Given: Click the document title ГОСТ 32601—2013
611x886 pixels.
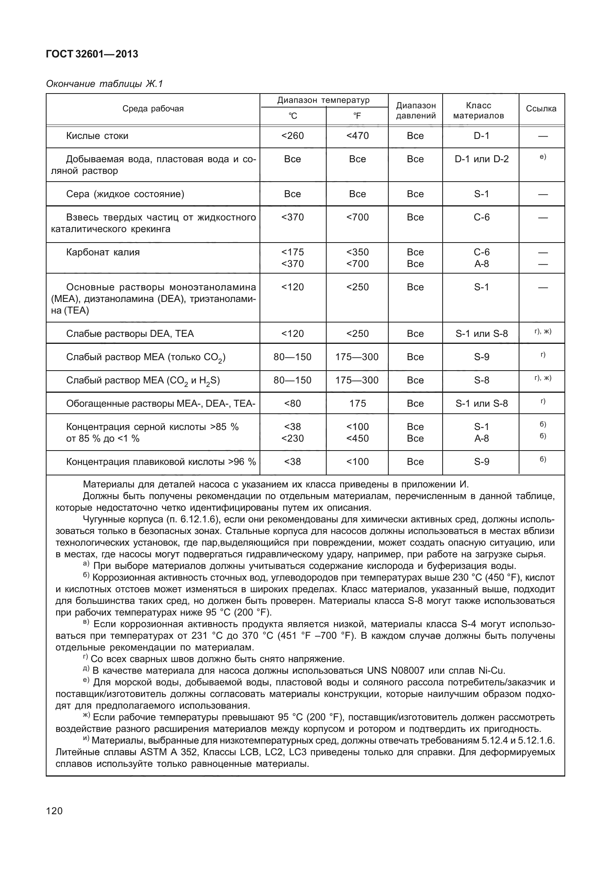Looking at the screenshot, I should pyautogui.click(x=92, y=54).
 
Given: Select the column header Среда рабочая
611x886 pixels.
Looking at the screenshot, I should pyautogui.click(x=153, y=109).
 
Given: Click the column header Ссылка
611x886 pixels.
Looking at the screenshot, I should pyautogui.click(x=541, y=109).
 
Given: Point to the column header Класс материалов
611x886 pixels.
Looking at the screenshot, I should pyautogui.click(x=478, y=111).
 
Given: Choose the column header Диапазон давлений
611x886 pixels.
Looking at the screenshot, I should pyautogui.click(x=415, y=111).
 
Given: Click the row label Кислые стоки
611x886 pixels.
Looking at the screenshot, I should pyautogui.click(x=97, y=136).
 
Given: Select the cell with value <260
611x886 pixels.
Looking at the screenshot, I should pyautogui.click(x=293, y=136).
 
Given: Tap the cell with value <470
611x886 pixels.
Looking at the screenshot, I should pyautogui.click(x=357, y=136).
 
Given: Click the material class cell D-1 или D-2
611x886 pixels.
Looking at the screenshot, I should pyautogui.click(x=481, y=159).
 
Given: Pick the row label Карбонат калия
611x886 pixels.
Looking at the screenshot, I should pyautogui.click(x=103, y=252).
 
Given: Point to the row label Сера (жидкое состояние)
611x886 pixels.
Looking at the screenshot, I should pyautogui.click(x=125, y=194).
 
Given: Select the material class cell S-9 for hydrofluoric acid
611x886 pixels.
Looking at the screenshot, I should pyautogui.click(x=481, y=462).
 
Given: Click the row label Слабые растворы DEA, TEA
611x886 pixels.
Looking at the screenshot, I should pyautogui.click(x=130, y=334).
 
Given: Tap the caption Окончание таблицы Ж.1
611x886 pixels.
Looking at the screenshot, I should pyautogui.click(x=104, y=84).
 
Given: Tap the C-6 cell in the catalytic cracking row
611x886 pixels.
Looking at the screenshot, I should pyautogui.click(x=481, y=217).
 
